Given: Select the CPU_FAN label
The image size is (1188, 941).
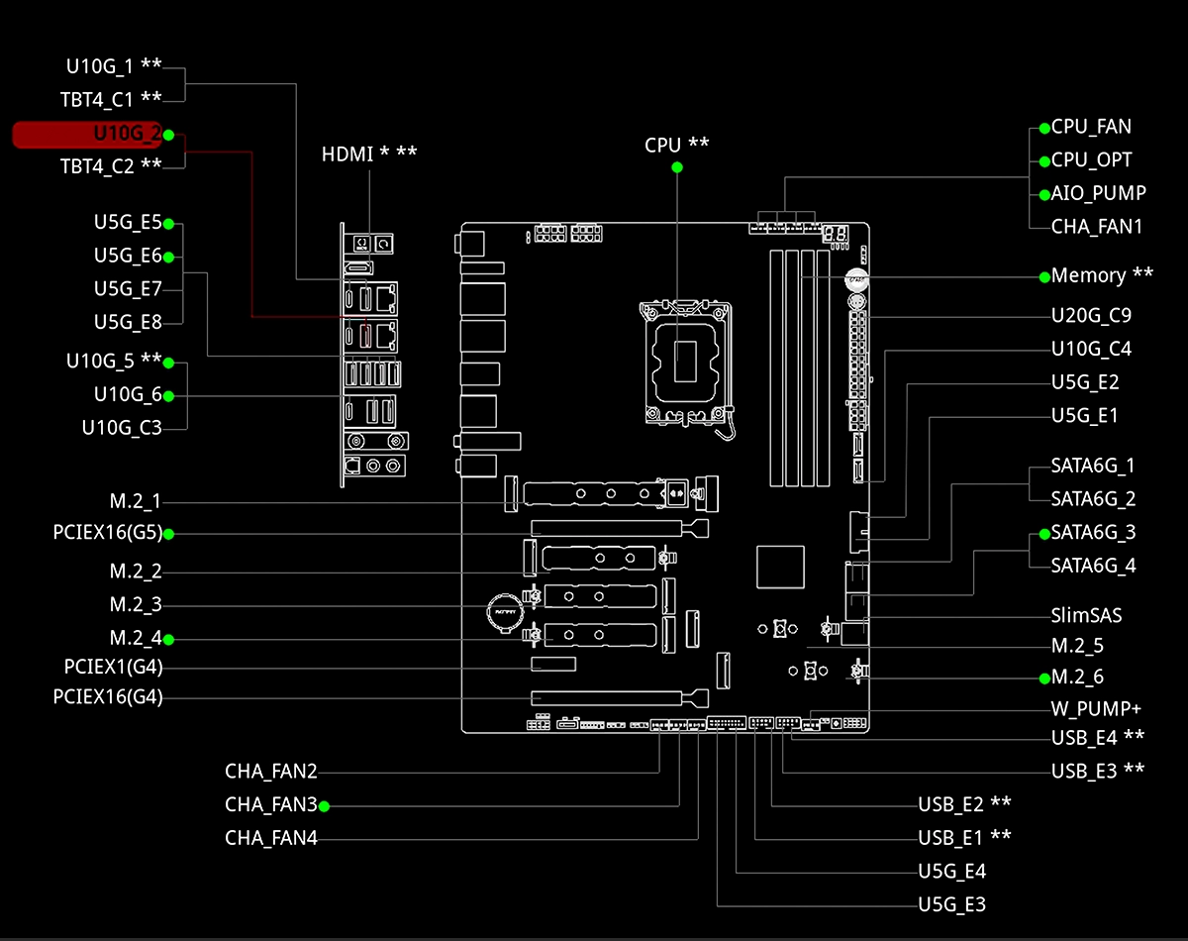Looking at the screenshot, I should tap(1091, 127).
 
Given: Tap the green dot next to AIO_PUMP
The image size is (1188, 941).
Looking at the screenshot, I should tap(1044, 194).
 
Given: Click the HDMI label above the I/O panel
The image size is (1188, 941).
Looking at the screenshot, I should tap(369, 155).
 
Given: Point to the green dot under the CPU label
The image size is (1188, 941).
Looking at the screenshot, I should tap(677, 167).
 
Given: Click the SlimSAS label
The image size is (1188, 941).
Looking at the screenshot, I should tap(1086, 615).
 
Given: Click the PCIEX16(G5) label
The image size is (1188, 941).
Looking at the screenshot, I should tap(107, 533).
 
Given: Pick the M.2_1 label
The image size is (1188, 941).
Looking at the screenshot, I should tap(135, 500).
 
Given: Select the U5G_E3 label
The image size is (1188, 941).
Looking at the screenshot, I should tap(951, 903).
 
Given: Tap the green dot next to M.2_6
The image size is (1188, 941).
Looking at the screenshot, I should tap(1044, 679).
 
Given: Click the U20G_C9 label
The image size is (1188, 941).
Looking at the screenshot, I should tap(1091, 316).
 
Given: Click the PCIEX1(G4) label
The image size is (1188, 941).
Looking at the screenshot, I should tap(107, 666).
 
